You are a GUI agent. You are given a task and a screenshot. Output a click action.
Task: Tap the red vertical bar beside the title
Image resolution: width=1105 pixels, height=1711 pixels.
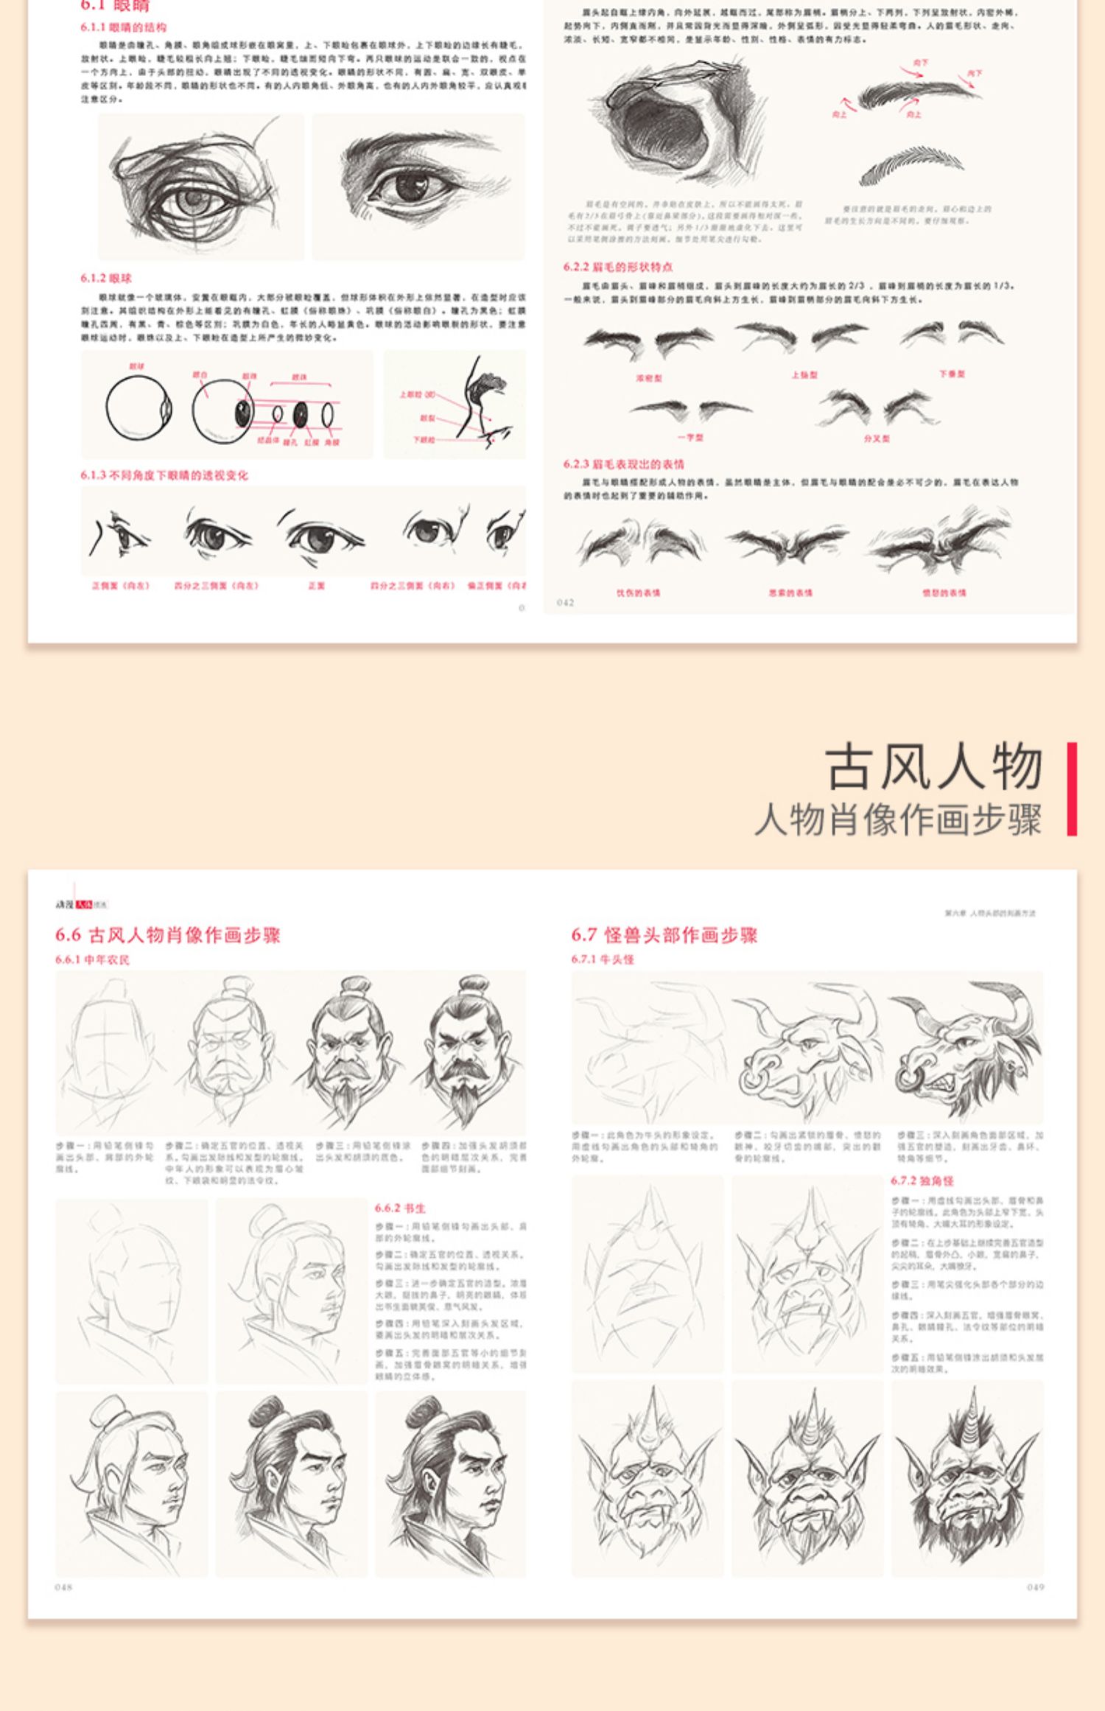coord(1072,788)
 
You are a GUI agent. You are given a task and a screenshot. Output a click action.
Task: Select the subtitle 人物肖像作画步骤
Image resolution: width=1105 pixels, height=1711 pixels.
coord(898,820)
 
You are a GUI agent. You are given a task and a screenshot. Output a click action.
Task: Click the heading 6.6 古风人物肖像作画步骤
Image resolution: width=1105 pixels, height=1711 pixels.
coord(167,935)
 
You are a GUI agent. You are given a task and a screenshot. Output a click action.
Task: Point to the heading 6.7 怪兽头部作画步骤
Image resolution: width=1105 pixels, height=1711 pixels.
coord(664,935)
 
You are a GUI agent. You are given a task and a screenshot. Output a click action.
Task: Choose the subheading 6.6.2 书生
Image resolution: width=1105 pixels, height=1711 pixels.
coord(399,1208)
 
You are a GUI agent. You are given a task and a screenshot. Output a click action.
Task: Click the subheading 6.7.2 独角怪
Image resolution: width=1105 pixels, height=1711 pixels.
coord(922,1180)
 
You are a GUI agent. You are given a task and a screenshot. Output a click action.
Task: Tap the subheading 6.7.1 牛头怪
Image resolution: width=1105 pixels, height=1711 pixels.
coord(602,959)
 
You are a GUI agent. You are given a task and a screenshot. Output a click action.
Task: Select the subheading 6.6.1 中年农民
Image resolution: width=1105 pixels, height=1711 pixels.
coord(92,959)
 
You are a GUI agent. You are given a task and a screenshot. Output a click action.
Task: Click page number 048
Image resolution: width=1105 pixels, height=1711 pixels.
coord(63,1587)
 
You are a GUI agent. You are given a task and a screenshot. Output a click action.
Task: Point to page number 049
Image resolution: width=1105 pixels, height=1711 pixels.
coord(1035,1587)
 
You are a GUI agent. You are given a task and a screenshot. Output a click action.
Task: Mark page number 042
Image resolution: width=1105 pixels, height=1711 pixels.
coord(565,603)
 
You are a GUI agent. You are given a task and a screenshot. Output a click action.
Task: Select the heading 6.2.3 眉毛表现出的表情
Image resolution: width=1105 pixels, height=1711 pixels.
coord(623,464)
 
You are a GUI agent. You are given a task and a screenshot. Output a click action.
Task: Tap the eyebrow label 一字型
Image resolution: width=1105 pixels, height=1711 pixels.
coord(690,438)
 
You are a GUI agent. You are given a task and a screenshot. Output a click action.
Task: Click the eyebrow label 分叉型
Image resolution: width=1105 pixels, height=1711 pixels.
coord(877,438)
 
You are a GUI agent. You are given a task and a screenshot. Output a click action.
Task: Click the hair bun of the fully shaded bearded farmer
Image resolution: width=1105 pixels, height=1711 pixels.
coord(474,985)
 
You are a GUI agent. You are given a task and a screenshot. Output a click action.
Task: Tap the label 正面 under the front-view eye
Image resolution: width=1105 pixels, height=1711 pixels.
coord(316,586)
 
